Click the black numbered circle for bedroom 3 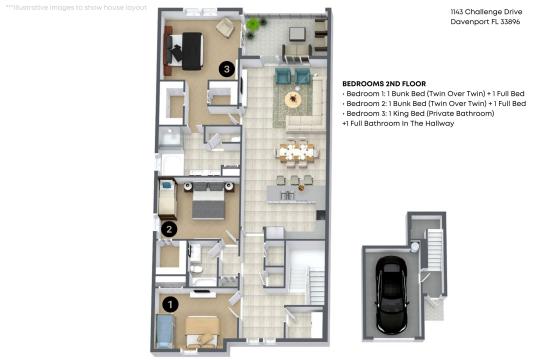tap(227, 69)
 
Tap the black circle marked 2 tap(169, 229)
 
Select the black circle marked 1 tap(169, 304)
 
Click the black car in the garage tap(392, 295)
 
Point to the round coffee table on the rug tap(293, 100)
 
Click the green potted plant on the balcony tap(253, 24)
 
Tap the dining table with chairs tap(297, 152)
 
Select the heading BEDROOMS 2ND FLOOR tap(384, 84)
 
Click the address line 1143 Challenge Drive tap(486, 12)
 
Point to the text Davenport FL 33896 tap(485, 22)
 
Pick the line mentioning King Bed tap(418, 113)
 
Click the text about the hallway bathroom tap(398, 123)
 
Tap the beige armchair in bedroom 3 tap(226, 27)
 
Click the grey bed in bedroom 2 tap(208, 202)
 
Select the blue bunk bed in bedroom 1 tap(165, 331)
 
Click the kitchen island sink tap(287, 196)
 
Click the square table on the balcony tap(297, 34)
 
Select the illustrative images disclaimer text tap(76, 8)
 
